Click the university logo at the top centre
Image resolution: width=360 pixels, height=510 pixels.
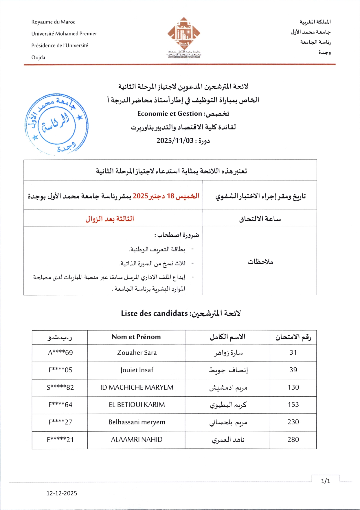pyautogui.click(x=184, y=37)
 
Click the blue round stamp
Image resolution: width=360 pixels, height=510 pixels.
pyautogui.click(x=56, y=124)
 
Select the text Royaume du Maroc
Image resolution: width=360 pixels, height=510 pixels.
pyautogui.click(x=53, y=22)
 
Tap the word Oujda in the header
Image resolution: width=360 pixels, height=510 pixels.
pyautogui.click(x=38, y=57)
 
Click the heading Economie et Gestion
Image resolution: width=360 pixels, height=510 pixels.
pyautogui.click(x=170, y=114)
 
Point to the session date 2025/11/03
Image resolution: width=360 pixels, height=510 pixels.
pyautogui.click(x=175, y=141)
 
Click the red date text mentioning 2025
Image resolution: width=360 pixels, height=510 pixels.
pyautogui.click(x=166, y=196)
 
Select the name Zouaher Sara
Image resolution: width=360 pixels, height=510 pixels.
pyautogui.click(x=137, y=353)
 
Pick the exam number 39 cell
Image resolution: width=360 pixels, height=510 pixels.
pyautogui.click(x=293, y=370)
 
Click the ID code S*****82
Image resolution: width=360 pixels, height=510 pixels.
pyautogui.click(x=60, y=387)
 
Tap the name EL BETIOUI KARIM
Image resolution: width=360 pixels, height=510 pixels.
pyautogui.click(x=137, y=405)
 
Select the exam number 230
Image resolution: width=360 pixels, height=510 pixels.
pyautogui.click(x=293, y=422)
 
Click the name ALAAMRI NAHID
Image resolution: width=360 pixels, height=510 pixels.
pyautogui.click(x=137, y=440)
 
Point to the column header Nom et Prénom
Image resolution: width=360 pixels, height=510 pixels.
pyautogui.click(x=136, y=337)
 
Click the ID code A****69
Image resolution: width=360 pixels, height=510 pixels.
pyautogui.click(x=60, y=353)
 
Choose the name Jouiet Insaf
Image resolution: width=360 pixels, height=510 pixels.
pyautogui.click(x=137, y=370)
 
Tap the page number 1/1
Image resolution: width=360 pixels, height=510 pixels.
pyautogui.click(x=326, y=481)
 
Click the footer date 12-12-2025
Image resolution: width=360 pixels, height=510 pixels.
pyautogui.click(x=62, y=493)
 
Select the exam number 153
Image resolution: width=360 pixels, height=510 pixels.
pyautogui.click(x=293, y=405)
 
